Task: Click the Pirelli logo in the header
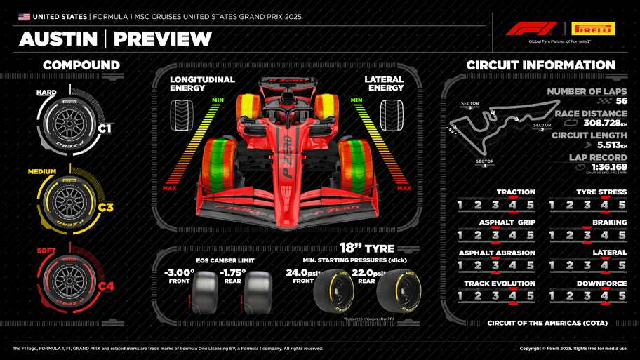[x=593, y=28]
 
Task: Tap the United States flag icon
[x=25, y=16]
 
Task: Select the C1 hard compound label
[x=105, y=128]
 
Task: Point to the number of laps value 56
[x=621, y=101]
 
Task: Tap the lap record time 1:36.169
[x=609, y=167]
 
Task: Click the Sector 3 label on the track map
[x=469, y=105]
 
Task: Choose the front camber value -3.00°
[x=179, y=272]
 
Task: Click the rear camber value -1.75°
[x=232, y=272]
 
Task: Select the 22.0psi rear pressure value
[x=368, y=272]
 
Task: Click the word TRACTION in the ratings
[x=516, y=192]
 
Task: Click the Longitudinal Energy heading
[x=197, y=84]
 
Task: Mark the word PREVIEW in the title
[x=162, y=39]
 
